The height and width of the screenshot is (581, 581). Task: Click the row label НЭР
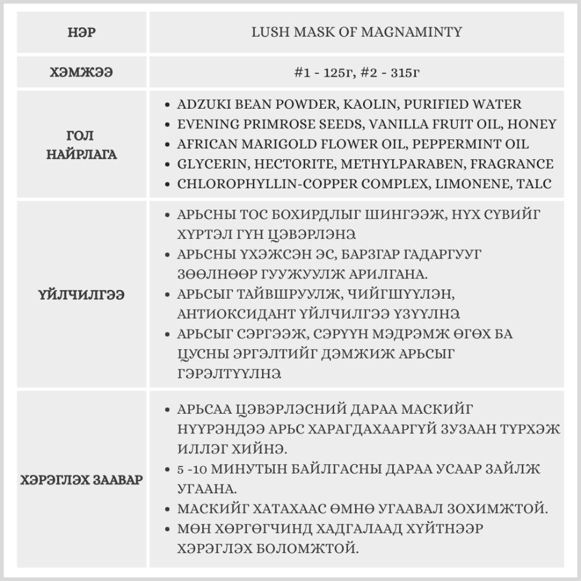82,32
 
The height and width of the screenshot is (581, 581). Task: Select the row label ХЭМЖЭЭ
82,73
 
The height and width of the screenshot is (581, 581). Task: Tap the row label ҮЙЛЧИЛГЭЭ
82,295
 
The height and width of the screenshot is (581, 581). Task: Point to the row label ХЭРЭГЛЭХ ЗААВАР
82,480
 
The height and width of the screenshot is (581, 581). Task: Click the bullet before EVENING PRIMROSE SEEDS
167,124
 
